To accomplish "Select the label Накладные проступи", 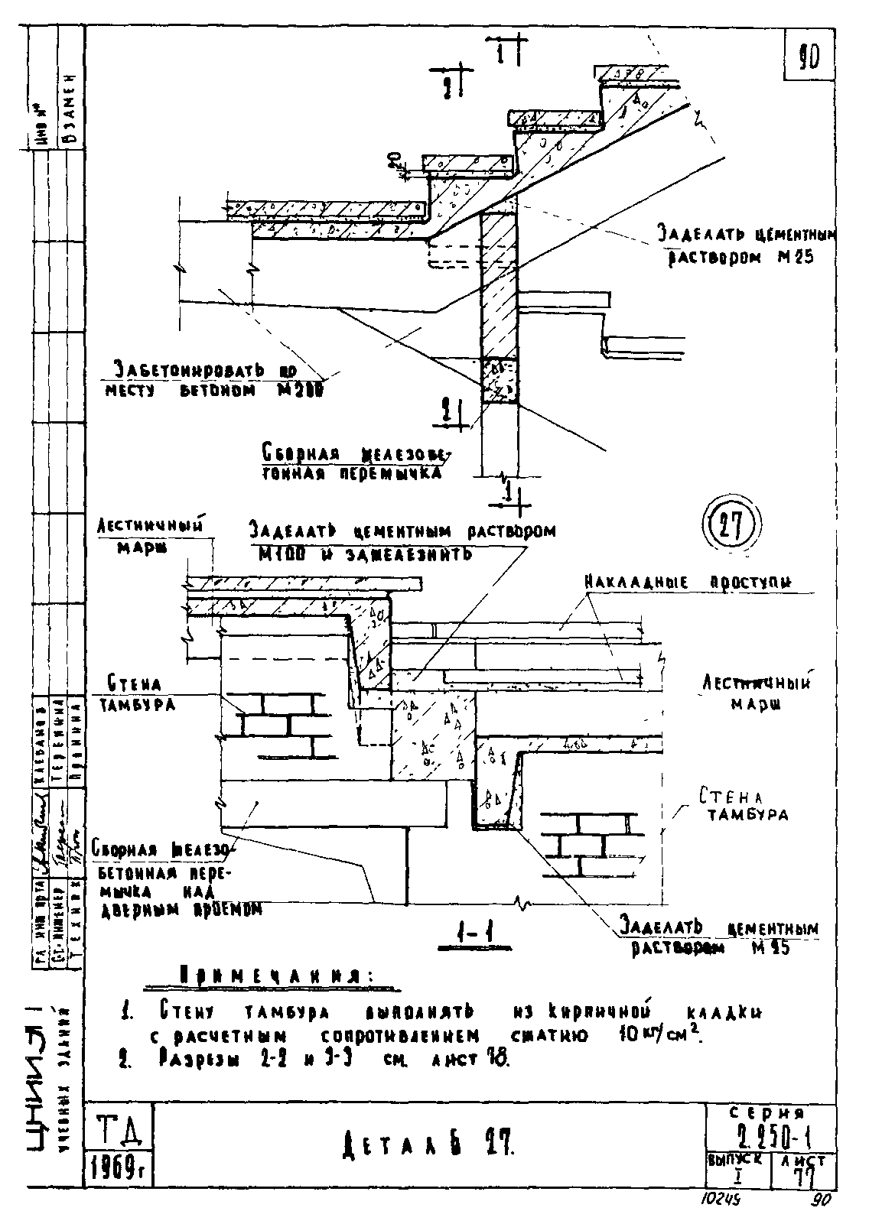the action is point(688,583).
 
